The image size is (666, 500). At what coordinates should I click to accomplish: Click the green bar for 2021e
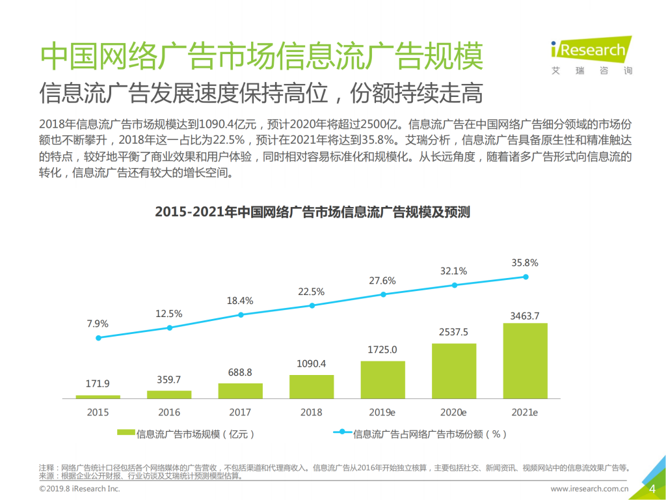point(525,361)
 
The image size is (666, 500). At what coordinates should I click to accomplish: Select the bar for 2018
point(312,387)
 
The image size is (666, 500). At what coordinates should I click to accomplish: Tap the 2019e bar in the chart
point(383,380)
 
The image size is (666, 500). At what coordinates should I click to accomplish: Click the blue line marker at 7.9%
point(98,338)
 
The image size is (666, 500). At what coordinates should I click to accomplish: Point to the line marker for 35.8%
point(526,277)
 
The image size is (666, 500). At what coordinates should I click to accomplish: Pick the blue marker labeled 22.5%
point(312,305)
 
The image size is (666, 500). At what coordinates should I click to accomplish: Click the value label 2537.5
point(454,332)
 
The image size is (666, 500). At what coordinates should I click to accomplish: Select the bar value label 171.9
point(98,384)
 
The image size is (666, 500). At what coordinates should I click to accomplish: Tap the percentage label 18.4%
point(240,301)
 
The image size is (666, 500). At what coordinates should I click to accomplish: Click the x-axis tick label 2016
point(169,412)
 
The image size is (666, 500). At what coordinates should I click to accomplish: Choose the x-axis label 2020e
point(454,412)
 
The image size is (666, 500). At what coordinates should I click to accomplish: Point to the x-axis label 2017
point(240,412)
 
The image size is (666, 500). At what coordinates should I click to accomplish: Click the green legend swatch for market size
point(126,432)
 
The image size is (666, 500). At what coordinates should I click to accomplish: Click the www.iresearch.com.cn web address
point(589,489)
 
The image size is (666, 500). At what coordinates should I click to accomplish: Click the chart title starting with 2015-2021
point(312,213)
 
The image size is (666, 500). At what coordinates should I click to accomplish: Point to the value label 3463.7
point(525,316)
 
